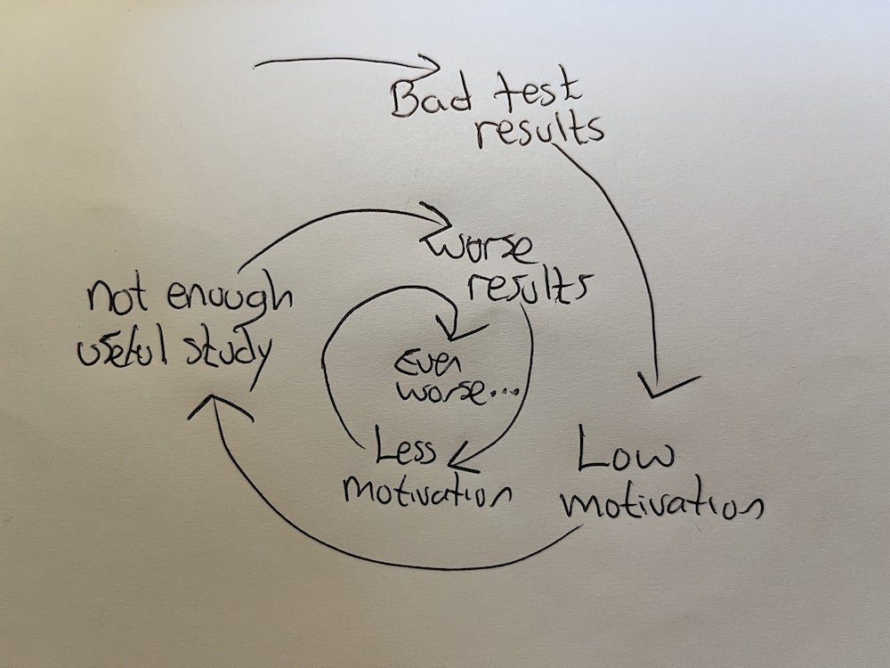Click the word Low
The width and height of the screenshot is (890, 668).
click(x=625, y=455)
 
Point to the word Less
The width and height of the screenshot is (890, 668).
click(x=404, y=445)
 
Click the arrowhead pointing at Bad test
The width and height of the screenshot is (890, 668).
click(x=430, y=66)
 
